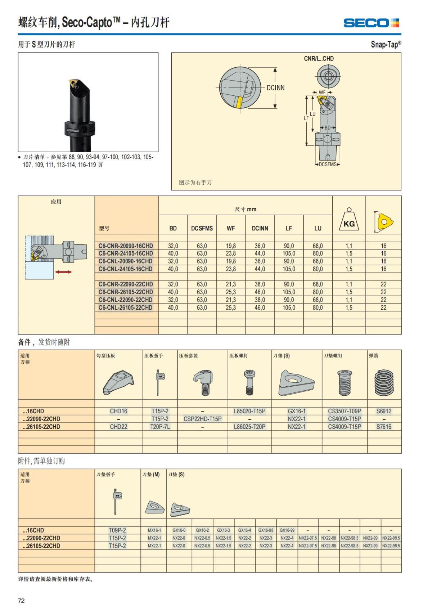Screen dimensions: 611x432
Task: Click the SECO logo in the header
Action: (371, 23)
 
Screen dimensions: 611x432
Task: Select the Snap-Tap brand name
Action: (386, 44)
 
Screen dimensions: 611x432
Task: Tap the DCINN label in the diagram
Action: (275, 87)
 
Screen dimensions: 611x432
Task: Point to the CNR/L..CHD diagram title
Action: (319, 58)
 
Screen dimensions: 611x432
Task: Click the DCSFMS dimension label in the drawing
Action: (328, 165)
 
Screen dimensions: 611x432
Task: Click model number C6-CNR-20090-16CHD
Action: (126, 246)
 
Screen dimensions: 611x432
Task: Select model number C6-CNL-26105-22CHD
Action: (126, 307)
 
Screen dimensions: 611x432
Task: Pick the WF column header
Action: (231, 228)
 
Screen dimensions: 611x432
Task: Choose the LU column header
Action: (318, 228)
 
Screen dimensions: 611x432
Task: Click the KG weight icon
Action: (349, 221)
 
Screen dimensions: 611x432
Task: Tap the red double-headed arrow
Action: (63, 272)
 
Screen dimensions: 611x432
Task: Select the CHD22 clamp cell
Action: (118, 427)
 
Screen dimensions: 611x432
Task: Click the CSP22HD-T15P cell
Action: (203, 419)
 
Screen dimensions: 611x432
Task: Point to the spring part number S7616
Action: (384, 427)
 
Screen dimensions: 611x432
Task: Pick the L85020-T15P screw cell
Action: (249, 411)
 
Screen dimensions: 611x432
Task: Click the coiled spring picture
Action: (384, 383)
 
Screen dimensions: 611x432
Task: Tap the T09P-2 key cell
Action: (117, 530)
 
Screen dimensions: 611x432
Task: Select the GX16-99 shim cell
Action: (287, 530)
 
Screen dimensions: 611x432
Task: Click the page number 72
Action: (21, 601)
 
